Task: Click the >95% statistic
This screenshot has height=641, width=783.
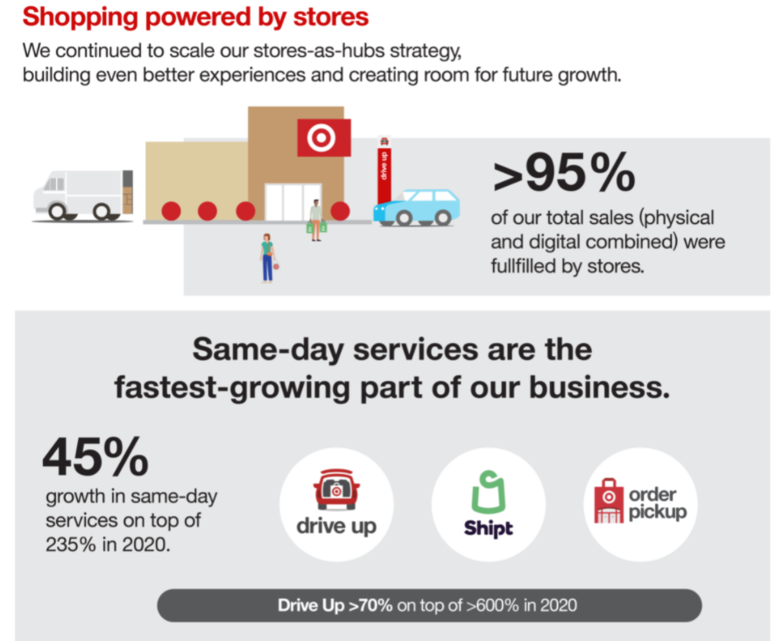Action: pos(564,174)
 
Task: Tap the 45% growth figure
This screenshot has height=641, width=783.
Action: pos(95,457)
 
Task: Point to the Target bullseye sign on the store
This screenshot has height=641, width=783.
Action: pos(324,137)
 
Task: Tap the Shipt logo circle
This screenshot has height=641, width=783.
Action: pos(489,504)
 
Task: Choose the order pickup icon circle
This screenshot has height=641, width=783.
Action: pos(640,504)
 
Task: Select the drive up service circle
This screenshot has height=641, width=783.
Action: pos(336,504)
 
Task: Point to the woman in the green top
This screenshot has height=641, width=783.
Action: pos(267,257)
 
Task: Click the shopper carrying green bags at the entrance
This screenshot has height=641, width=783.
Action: pos(316,220)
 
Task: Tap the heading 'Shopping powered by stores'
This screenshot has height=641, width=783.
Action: pos(195,17)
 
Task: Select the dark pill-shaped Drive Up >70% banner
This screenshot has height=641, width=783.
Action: pos(429,605)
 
